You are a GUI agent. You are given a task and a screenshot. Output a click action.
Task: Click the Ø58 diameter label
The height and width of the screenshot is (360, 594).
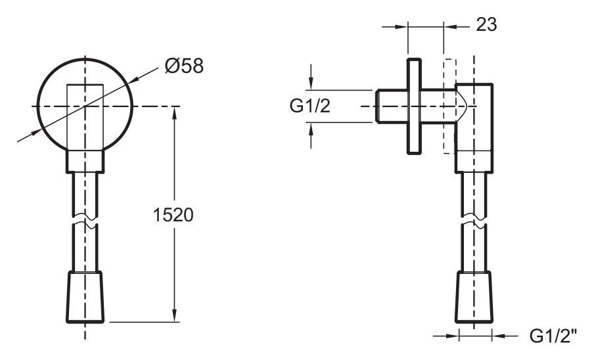click(184, 66)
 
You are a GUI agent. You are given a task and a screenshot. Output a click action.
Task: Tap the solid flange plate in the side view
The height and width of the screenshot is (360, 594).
click(414, 106)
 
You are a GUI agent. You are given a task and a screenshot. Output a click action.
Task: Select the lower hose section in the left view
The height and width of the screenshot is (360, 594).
click(85, 250)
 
